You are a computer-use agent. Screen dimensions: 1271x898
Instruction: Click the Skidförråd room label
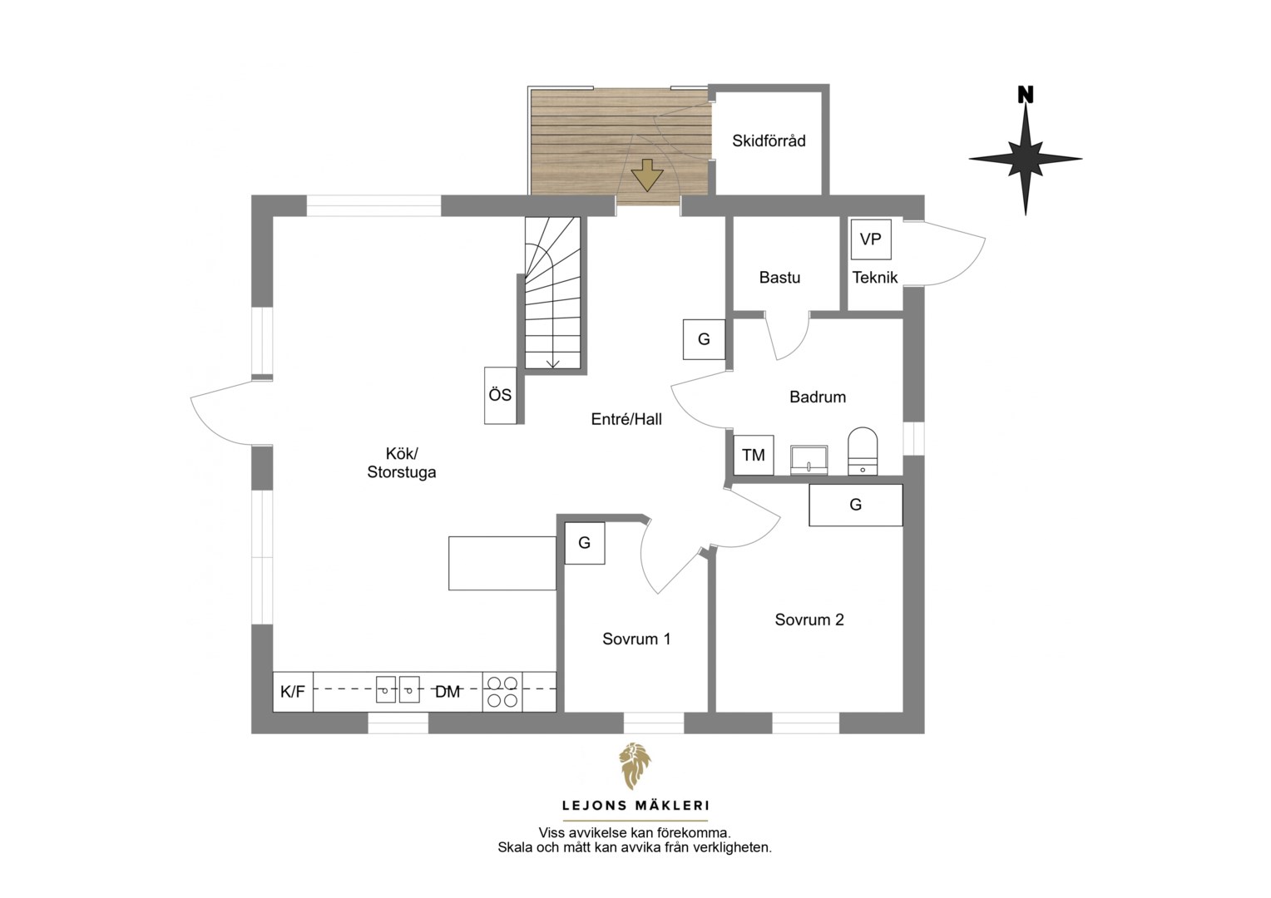click(769, 141)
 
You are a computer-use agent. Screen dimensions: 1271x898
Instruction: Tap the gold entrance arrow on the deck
click(647, 175)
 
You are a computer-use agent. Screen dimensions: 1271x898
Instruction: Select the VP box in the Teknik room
click(871, 239)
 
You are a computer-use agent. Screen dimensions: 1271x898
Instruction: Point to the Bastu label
click(779, 278)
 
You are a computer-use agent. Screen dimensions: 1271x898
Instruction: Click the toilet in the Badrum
click(863, 451)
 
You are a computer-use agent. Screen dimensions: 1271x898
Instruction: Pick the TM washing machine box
click(754, 455)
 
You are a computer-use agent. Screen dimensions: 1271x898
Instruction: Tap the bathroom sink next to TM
click(809, 460)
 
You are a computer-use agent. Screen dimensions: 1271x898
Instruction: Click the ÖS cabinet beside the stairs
click(501, 396)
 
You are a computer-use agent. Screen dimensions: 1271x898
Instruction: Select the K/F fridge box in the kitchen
click(293, 692)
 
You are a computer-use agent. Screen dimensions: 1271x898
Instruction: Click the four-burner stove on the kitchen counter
click(502, 692)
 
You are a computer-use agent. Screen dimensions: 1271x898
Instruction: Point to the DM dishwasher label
click(448, 692)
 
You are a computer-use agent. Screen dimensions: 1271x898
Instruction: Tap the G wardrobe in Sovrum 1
click(585, 544)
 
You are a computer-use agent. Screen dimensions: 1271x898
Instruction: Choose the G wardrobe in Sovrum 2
click(856, 505)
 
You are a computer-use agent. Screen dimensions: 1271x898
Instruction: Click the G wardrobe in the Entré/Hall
click(705, 339)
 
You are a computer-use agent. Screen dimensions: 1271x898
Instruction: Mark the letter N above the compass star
click(1026, 95)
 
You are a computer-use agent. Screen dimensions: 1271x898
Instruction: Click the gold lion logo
click(635, 766)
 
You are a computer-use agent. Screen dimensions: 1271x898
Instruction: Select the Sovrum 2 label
click(809, 620)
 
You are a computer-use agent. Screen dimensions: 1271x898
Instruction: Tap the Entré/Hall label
click(626, 419)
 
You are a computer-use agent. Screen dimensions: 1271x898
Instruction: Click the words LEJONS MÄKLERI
click(635, 806)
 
